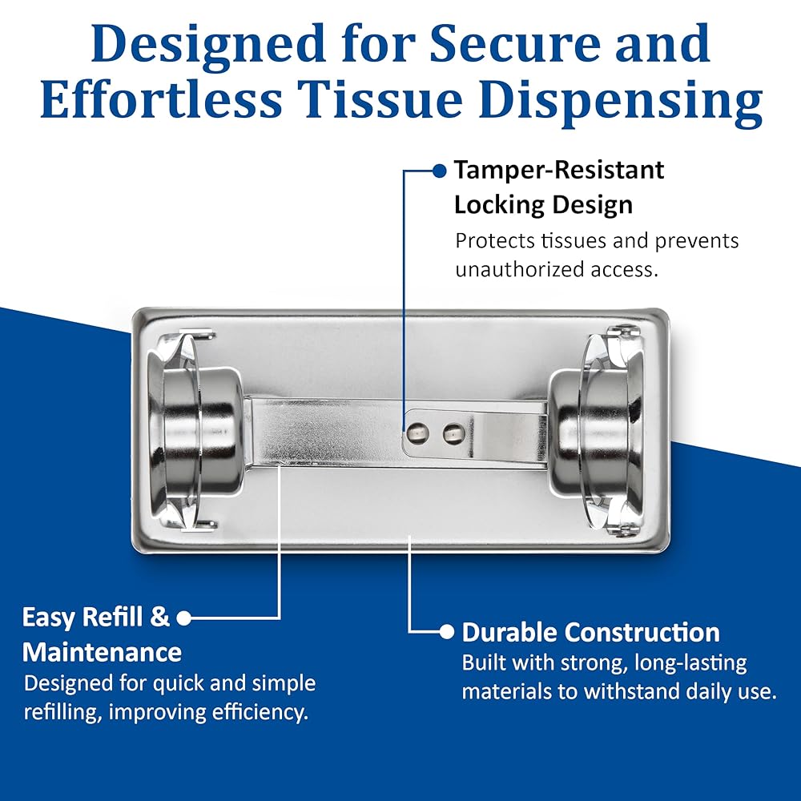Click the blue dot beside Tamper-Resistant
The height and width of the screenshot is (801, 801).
[x=439, y=170]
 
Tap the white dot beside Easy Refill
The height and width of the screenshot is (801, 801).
[x=183, y=618]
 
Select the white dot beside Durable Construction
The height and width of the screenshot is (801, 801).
[x=447, y=632]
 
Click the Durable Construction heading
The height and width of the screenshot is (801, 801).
[x=590, y=632]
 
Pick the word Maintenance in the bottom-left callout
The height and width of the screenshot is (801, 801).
[x=102, y=652]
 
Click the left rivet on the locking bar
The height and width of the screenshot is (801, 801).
[x=418, y=433]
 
